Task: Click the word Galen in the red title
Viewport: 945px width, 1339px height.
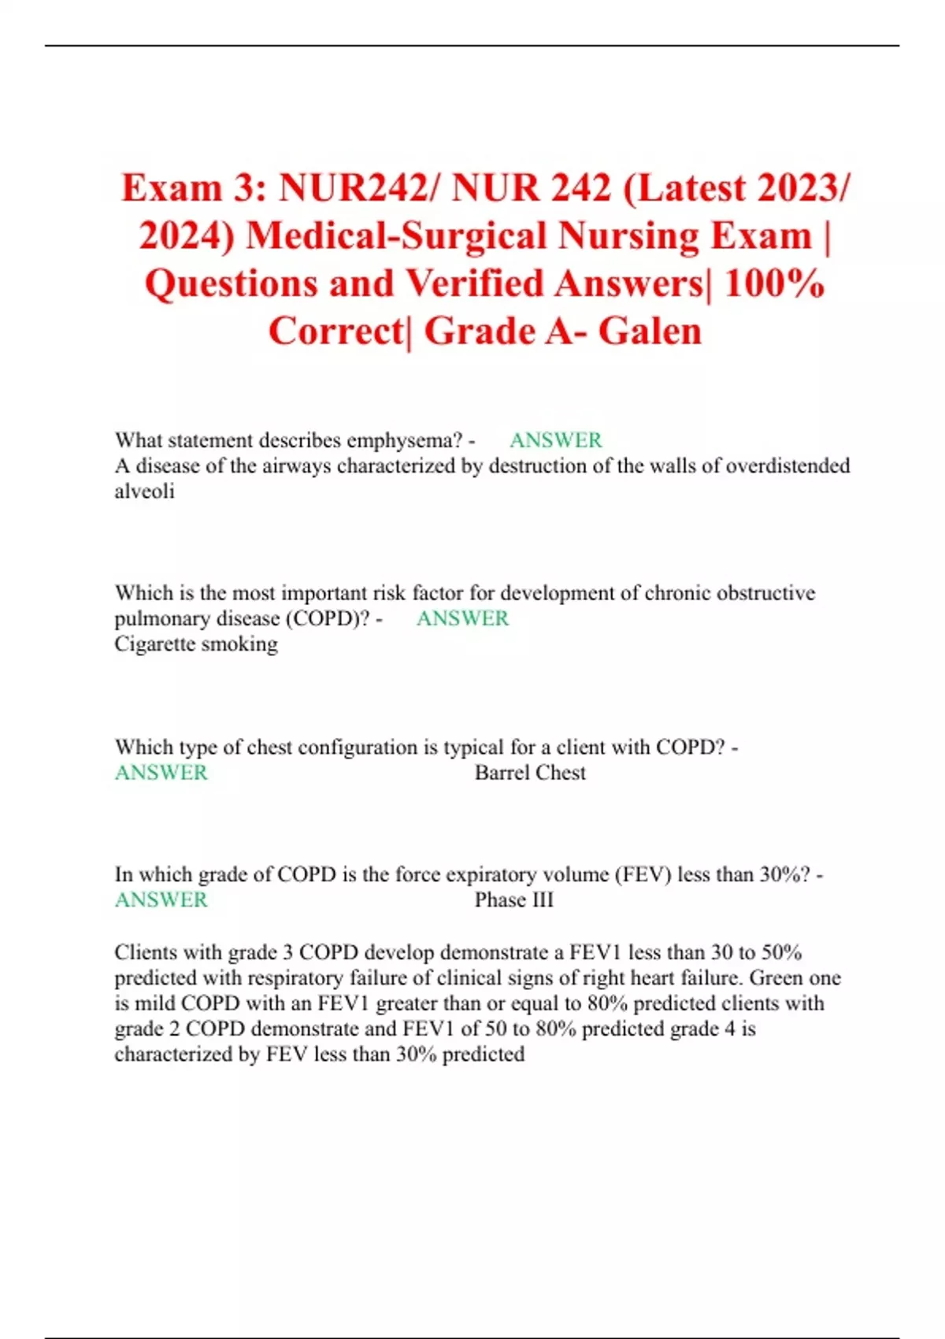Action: [x=650, y=331]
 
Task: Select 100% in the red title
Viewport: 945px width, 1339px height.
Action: [x=774, y=284]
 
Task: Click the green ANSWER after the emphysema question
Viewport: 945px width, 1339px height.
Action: [x=555, y=440]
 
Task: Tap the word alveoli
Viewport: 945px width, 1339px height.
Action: [x=144, y=491]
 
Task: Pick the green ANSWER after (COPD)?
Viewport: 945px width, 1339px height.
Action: [x=462, y=618]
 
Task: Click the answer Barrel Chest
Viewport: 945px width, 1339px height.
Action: [x=530, y=773]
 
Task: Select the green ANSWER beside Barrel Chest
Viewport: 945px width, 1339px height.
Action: [x=161, y=773]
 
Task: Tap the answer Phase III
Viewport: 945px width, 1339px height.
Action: [x=513, y=899]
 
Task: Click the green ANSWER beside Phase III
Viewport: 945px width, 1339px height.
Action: [x=161, y=899]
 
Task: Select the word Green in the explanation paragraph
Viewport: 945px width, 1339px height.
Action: [x=779, y=978]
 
